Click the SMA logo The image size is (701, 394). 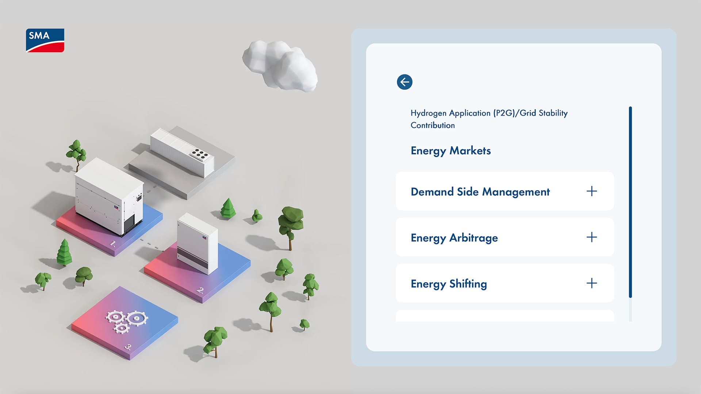tap(45, 40)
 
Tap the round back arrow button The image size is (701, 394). tap(405, 82)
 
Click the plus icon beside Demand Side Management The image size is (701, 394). tap(591, 191)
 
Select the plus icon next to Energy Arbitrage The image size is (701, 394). tap(591, 237)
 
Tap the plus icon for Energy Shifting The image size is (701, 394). tap(591, 283)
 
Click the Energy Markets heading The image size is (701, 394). tap(451, 151)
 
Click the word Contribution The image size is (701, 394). tap(433, 125)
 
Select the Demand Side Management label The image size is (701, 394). tap(480, 192)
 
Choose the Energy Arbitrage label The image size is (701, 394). tap(454, 238)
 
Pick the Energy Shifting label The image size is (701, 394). tap(449, 284)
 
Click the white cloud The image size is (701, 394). tap(280, 66)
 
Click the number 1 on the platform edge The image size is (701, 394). tap(113, 243)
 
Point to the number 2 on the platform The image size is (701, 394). tap(200, 290)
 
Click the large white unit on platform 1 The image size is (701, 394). tap(109, 197)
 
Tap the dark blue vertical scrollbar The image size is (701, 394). tap(630, 202)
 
